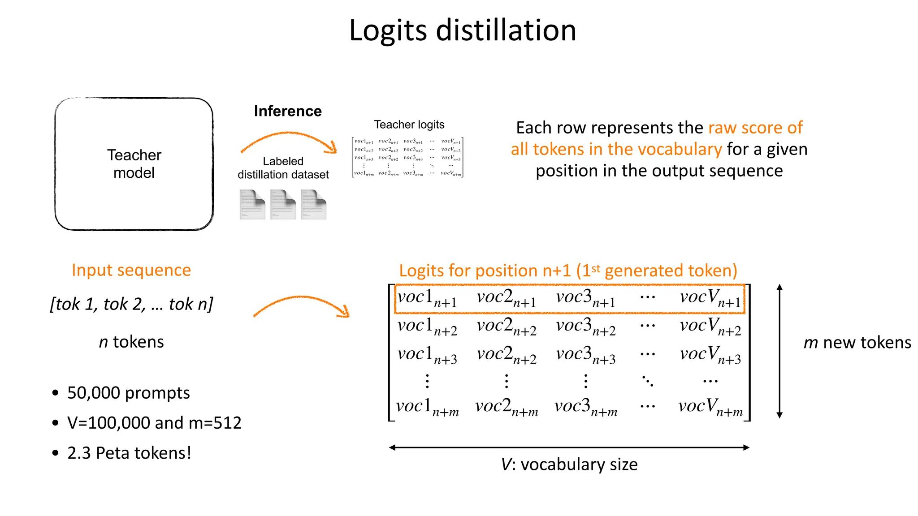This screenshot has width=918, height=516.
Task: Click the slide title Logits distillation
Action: click(x=463, y=30)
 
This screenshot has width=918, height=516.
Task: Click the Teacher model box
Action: click(x=134, y=164)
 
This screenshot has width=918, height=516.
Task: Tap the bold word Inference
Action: click(x=288, y=111)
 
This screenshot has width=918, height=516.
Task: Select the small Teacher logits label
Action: click(x=409, y=125)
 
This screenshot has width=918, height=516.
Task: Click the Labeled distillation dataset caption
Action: click(x=283, y=168)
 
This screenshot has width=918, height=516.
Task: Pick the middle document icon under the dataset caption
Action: click(x=283, y=205)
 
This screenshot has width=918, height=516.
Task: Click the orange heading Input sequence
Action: click(x=131, y=270)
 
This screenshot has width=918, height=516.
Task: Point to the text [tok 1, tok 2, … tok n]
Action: click(x=131, y=304)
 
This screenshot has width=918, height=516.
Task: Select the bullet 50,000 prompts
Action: click(x=128, y=393)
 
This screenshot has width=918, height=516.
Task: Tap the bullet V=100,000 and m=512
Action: click(x=154, y=423)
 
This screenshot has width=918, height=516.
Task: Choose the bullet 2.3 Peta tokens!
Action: click(x=129, y=453)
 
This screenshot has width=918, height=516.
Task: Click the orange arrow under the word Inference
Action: click(x=289, y=141)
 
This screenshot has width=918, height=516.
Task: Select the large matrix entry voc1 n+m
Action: click(x=427, y=407)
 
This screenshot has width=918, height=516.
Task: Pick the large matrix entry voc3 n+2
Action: click(x=585, y=327)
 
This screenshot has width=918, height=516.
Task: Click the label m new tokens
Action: click(x=857, y=343)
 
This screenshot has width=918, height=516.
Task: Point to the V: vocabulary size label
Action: click(x=569, y=464)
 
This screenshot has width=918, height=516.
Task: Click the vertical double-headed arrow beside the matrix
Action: click(x=779, y=351)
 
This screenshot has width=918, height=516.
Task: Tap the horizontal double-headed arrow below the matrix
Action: click(x=569, y=447)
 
